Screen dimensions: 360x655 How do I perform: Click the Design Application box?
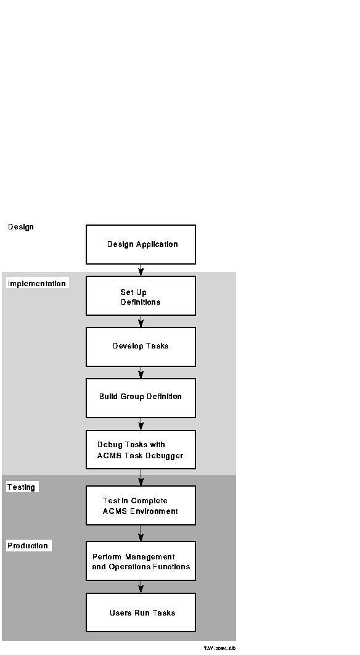(141, 244)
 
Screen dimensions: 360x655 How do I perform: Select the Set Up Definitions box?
(141, 296)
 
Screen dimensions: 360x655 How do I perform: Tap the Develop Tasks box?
(141, 347)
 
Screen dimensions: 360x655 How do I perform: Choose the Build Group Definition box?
(141, 398)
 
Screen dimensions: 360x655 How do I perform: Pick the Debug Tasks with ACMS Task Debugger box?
(141, 450)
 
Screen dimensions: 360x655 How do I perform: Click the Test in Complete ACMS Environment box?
(141, 506)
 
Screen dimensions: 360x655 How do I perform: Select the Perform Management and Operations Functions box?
(141, 561)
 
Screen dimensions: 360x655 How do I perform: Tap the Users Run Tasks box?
(141, 612)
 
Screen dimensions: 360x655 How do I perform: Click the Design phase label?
(21, 227)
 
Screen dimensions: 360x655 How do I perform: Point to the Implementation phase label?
(37, 284)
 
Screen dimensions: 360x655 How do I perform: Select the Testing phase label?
(22, 487)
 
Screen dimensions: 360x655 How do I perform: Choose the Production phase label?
(28, 546)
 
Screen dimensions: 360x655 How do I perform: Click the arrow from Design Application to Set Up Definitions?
(141, 270)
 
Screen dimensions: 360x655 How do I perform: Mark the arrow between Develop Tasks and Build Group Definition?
(141, 373)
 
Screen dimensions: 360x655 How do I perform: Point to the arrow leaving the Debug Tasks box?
(141, 477)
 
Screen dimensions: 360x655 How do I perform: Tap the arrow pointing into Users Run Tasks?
(141, 587)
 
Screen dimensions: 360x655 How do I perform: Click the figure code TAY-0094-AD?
(219, 648)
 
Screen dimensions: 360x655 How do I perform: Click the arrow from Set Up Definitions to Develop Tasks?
(141, 321)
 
